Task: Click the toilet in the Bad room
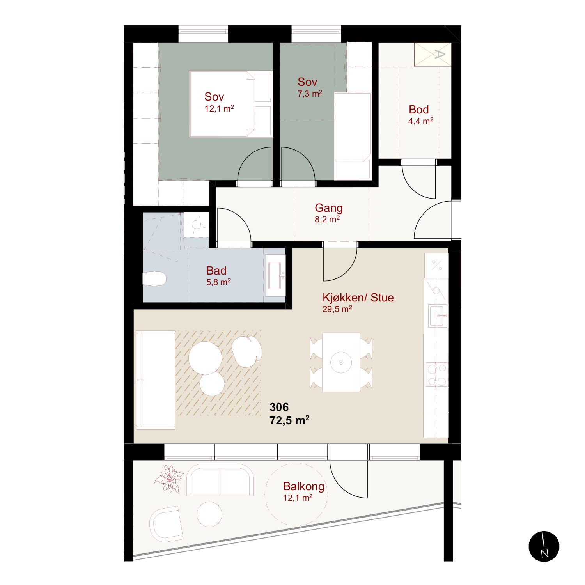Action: point(155,279)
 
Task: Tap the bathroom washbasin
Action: point(275,275)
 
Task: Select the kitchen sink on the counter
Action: point(437,316)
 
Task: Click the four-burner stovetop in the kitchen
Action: point(437,374)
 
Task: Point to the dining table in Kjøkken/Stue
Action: point(341,362)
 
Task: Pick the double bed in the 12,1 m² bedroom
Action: point(231,104)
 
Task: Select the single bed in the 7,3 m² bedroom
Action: point(353,136)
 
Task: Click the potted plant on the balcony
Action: point(169,479)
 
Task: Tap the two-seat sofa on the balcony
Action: point(220,480)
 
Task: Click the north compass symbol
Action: point(544,546)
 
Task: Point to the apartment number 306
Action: point(279,407)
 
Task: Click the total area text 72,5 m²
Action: point(289,420)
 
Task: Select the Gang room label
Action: point(329,208)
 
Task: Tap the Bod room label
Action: point(419,110)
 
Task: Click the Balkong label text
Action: point(304,486)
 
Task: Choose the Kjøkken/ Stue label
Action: point(358,298)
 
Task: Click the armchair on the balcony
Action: point(166,524)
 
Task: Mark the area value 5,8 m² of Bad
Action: point(218,282)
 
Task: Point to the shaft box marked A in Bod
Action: point(433,54)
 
